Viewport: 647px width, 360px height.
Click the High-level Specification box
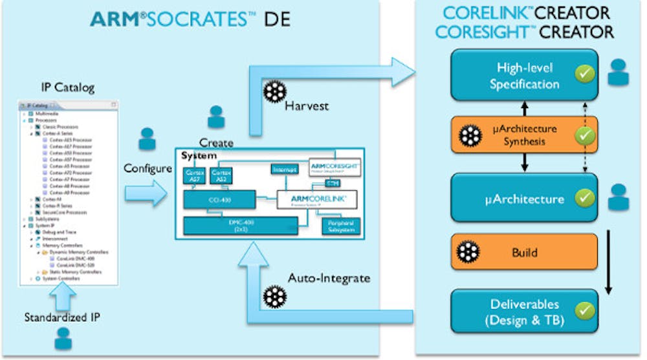[x=524, y=76]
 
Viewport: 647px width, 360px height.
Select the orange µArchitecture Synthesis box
[x=524, y=135]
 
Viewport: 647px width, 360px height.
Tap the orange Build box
[x=524, y=252]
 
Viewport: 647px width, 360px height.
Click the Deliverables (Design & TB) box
[x=524, y=311]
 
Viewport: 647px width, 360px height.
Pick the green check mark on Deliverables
[x=585, y=310]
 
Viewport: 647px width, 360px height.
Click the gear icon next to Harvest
[x=272, y=93]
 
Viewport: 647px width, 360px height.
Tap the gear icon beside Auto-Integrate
[x=274, y=295]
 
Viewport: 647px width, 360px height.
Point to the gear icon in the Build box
[x=468, y=252]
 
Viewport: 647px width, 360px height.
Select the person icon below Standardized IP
[x=63, y=338]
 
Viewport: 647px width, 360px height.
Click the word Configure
[x=148, y=168]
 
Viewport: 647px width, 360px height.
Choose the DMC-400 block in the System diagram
[x=240, y=225]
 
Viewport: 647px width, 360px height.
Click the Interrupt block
[x=284, y=169]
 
